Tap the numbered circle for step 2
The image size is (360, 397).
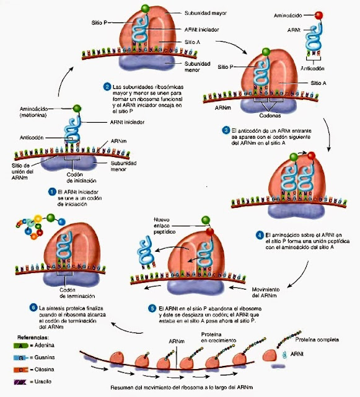point(107,86)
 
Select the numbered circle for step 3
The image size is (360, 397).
point(226,131)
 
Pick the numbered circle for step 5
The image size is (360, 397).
point(152,308)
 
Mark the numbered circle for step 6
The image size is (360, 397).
point(33,308)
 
